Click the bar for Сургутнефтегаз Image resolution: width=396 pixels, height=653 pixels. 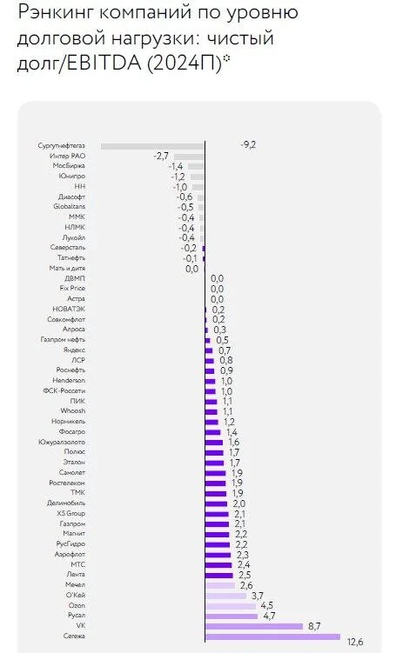point(152,146)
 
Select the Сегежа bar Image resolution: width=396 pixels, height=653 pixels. point(272,636)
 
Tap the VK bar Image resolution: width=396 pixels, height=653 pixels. point(254,626)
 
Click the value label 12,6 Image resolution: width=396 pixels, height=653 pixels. point(354,642)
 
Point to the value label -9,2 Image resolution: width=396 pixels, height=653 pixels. point(248,145)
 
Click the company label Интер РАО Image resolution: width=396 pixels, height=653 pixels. point(68,156)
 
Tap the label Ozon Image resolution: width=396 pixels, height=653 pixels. point(77,605)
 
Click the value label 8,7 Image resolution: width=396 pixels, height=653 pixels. point(315,626)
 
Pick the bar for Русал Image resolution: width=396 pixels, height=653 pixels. point(232,616)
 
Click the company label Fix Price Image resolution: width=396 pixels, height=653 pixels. point(72,288)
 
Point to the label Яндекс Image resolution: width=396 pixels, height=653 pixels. point(74,350)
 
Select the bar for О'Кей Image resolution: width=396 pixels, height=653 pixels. point(226,596)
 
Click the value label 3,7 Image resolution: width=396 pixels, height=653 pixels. point(258,596)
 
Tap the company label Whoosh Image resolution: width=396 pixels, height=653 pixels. point(73,410)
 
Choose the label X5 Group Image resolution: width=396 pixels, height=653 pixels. point(70,514)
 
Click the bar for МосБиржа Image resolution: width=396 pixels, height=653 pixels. point(197,167)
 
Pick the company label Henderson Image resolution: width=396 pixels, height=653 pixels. point(69,380)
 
